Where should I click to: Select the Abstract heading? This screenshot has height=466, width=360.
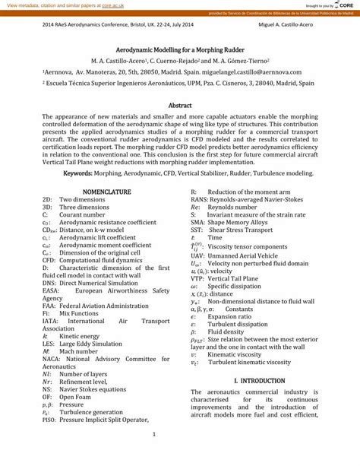[180, 105]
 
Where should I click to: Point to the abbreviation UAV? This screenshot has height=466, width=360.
[199, 255]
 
